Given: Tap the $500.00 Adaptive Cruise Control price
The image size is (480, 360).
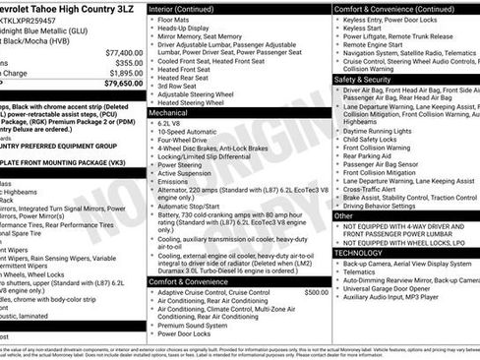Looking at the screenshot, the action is (316, 265).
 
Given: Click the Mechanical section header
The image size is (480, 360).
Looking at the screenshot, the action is (170, 113).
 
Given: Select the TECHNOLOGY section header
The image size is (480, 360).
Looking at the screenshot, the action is (359, 253).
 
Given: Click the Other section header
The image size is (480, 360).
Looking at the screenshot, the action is (344, 214).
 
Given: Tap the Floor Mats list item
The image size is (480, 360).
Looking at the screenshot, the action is (174, 19).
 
